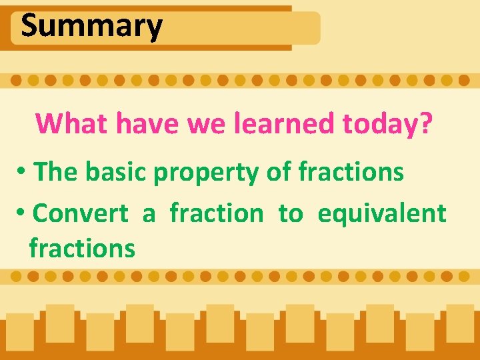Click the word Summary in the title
tap(91, 27)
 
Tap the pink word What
tap(72, 123)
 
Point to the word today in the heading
tap(378, 123)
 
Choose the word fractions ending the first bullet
tap(351, 172)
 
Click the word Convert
tap(80, 213)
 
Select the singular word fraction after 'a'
tap(217, 213)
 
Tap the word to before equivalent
tap(290, 214)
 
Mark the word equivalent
tap(381, 214)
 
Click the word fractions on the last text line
tap(82, 249)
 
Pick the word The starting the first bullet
tap(56, 172)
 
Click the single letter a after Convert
tap(149, 215)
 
